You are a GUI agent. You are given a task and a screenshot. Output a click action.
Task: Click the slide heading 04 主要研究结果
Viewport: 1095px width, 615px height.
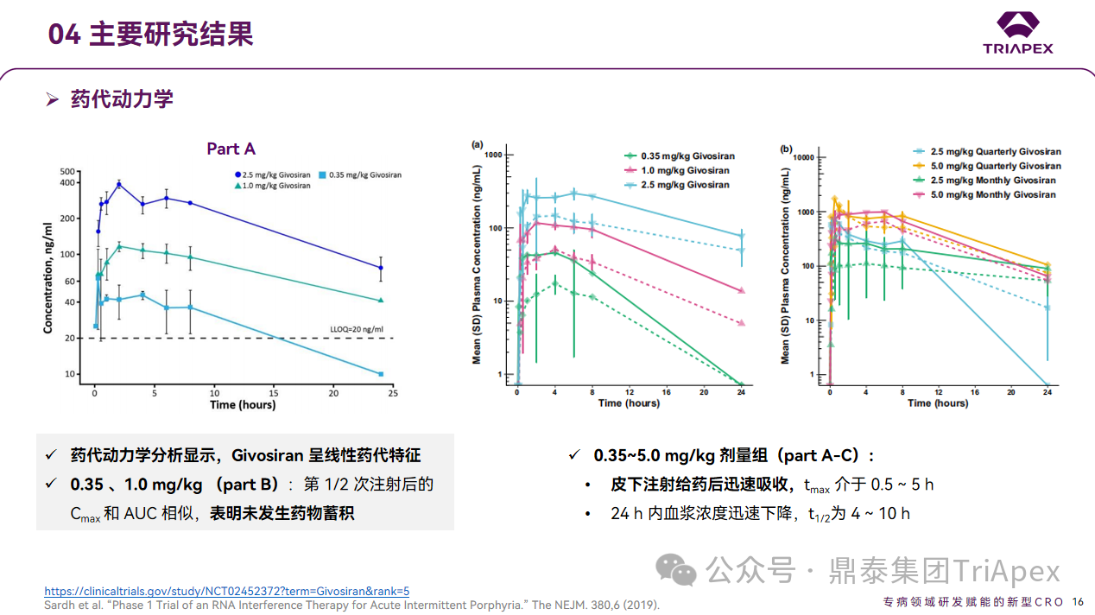click(150, 35)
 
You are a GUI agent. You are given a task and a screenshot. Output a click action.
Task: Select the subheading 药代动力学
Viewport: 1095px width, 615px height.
click(122, 98)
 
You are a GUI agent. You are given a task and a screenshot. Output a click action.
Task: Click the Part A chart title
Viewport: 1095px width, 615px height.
click(231, 149)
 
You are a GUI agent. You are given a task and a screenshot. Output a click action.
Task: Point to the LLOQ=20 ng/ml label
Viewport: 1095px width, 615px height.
click(357, 329)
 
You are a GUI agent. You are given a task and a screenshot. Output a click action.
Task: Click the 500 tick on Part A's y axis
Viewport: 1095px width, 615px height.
click(68, 171)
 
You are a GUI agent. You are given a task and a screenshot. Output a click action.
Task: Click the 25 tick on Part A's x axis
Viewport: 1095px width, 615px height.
click(392, 393)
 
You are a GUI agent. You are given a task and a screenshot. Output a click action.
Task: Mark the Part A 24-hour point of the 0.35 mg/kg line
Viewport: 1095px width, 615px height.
click(380, 374)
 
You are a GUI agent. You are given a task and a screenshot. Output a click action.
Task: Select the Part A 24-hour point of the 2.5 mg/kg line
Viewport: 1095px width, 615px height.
click(380, 268)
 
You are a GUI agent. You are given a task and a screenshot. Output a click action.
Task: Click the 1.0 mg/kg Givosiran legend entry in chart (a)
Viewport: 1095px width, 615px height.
click(683, 170)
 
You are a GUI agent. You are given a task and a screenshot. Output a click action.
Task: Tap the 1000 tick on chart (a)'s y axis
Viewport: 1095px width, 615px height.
click(494, 155)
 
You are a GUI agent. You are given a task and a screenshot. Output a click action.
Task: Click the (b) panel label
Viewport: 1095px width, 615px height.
click(786, 149)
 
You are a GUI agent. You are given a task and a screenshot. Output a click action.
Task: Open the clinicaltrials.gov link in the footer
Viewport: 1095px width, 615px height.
click(226, 592)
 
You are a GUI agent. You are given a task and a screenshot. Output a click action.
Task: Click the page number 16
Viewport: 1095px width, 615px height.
click(1078, 602)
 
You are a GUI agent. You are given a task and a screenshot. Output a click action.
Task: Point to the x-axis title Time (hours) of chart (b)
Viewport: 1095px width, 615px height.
click(937, 403)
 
